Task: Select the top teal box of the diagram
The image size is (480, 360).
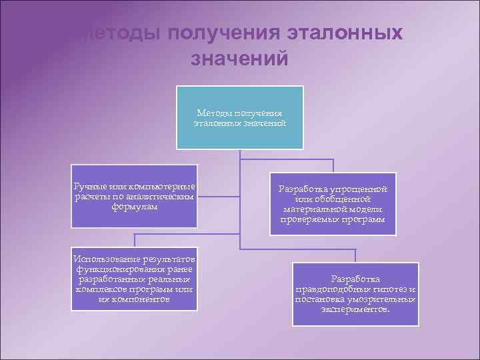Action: (x=239, y=117)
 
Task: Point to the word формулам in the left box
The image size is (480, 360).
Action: (x=135, y=207)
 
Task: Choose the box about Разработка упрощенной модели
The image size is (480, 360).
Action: (x=333, y=203)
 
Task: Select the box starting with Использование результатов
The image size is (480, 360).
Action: (x=135, y=279)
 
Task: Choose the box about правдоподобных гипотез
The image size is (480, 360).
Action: (x=355, y=294)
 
